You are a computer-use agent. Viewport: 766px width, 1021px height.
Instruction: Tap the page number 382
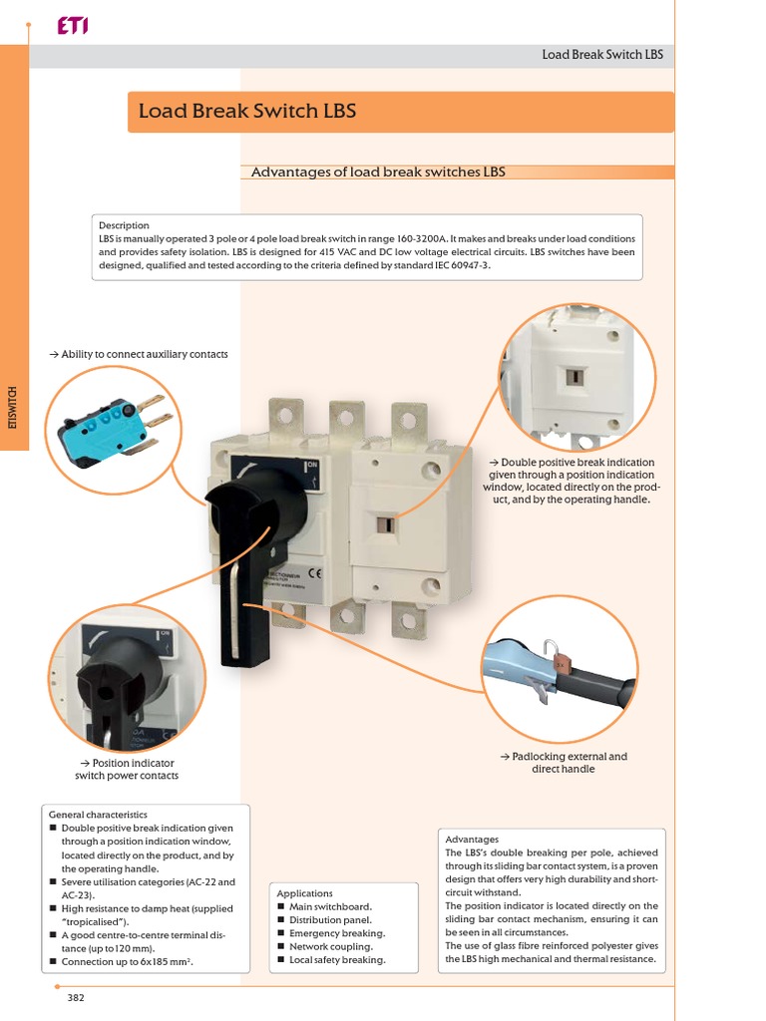pyautogui.click(x=77, y=997)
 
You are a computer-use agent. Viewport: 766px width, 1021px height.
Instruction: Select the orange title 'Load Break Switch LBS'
pyautogui.click(x=246, y=111)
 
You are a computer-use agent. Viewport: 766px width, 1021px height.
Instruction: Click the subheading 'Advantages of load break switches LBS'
pyautogui.click(x=378, y=172)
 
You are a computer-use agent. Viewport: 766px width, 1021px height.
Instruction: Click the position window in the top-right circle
pyautogui.click(x=575, y=376)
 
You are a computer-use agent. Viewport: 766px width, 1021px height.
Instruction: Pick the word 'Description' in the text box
pyautogui.click(x=124, y=225)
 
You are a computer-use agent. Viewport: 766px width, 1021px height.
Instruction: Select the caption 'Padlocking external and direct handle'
pyautogui.click(x=564, y=763)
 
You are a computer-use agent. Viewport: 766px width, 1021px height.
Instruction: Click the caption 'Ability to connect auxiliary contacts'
pyautogui.click(x=139, y=354)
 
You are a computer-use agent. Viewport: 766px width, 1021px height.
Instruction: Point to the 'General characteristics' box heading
pyautogui.click(x=98, y=815)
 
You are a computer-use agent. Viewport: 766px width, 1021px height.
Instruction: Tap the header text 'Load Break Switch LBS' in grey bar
pyautogui.click(x=602, y=55)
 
